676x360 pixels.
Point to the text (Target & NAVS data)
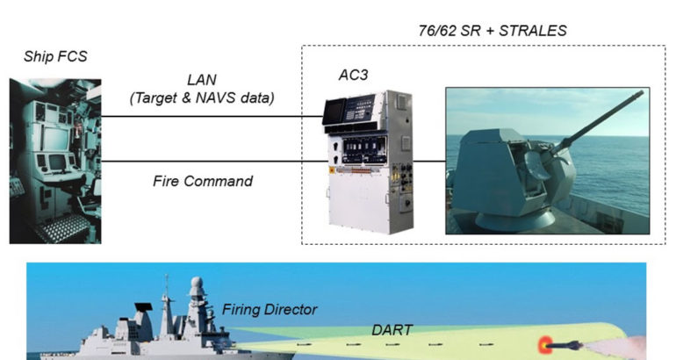202,97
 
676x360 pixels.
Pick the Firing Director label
269,309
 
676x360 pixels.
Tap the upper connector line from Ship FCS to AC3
211,116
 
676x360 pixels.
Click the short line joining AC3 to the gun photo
429,162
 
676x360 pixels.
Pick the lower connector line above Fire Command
211,162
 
